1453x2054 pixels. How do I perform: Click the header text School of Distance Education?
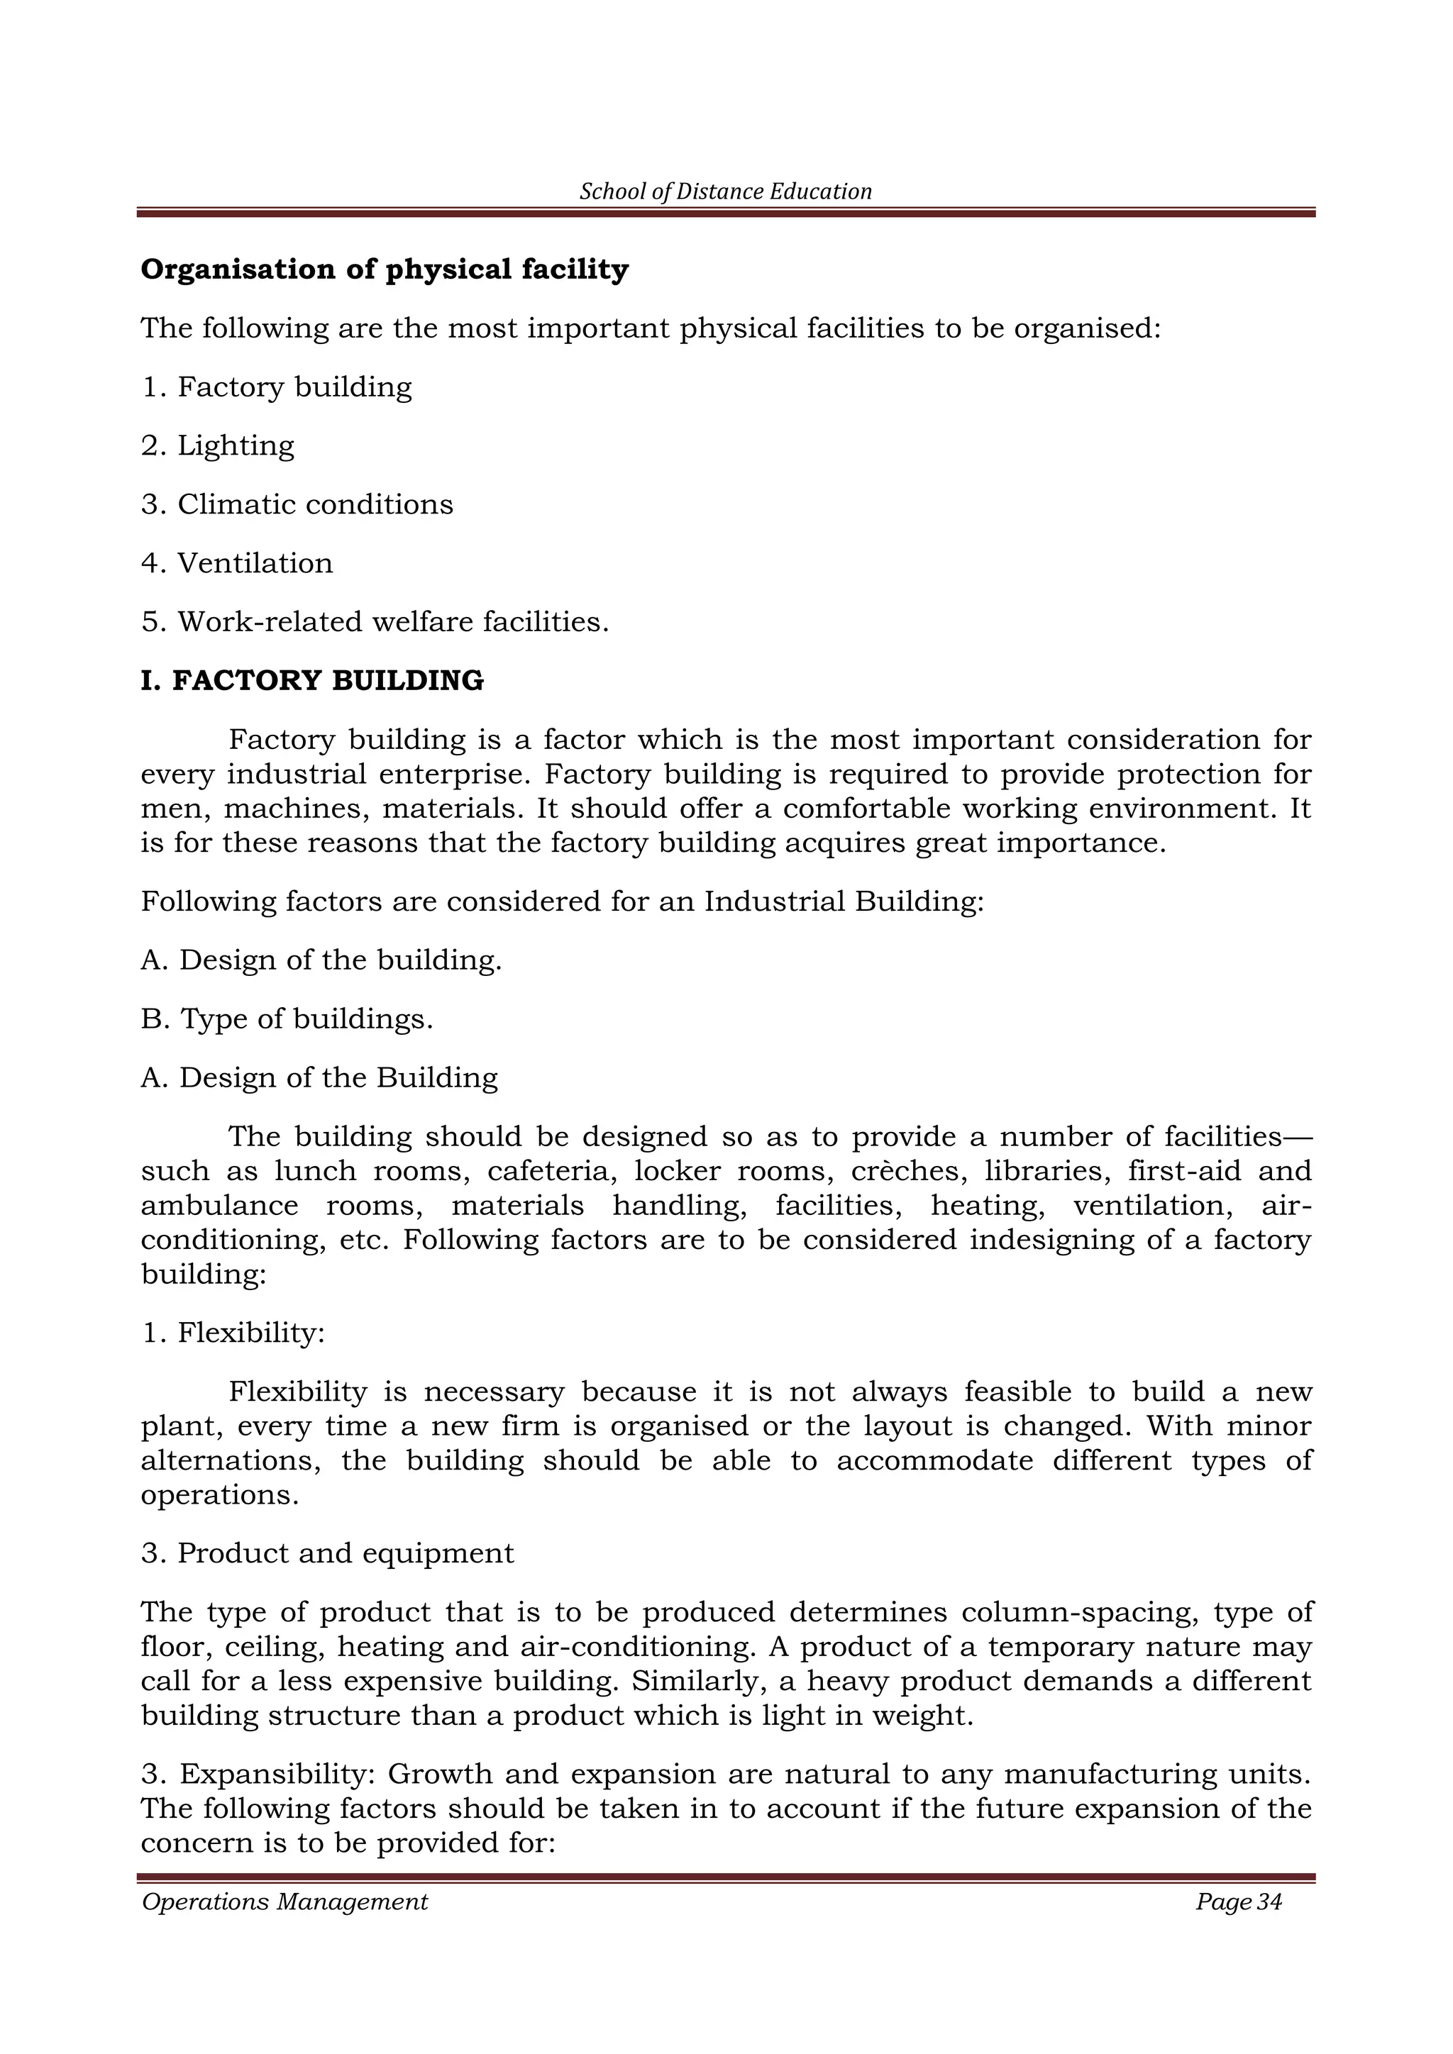(x=726, y=191)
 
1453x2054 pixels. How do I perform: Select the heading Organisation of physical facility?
(x=385, y=270)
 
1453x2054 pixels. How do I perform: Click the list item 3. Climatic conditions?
(x=297, y=504)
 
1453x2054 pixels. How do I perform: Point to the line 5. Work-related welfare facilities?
(x=375, y=622)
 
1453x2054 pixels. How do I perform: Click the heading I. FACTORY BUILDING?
(x=312, y=681)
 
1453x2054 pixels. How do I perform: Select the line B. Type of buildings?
(x=287, y=1019)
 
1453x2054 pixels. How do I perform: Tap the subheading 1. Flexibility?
(x=233, y=1333)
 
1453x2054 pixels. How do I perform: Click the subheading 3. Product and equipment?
(x=328, y=1553)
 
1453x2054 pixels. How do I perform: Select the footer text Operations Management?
(x=284, y=1901)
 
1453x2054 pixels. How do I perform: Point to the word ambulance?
(x=219, y=1206)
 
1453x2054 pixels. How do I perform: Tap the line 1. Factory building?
(x=277, y=387)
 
